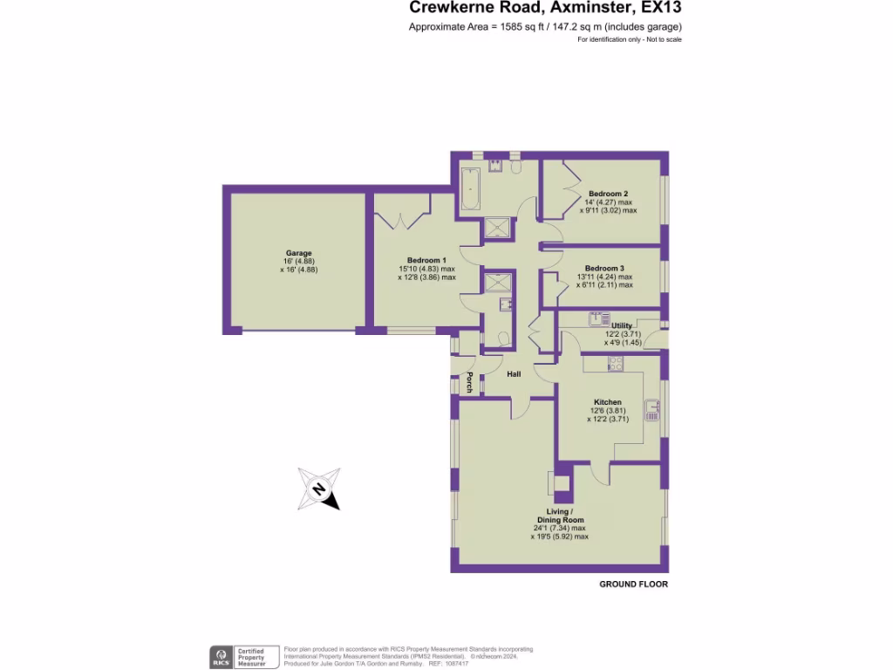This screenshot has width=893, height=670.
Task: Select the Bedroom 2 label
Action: click(608, 194)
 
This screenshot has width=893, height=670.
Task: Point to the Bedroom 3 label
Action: click(604, 269)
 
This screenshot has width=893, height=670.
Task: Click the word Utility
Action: click(622, 325)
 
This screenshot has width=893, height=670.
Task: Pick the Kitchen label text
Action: click(608, 402)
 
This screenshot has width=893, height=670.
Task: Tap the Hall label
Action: click(515, 374)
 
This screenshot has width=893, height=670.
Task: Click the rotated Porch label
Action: click(469, 382)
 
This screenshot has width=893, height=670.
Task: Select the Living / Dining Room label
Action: click(560, 516)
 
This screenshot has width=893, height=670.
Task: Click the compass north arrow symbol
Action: click(318, 489)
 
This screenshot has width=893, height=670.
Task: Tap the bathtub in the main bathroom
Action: click(469, 188)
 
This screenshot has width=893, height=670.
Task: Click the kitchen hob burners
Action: click(616, 364)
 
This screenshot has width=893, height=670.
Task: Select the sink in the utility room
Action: click(598, 318)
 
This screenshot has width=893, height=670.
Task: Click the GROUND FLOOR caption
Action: click(633, 584)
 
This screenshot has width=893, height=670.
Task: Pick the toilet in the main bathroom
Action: click(516, 166)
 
